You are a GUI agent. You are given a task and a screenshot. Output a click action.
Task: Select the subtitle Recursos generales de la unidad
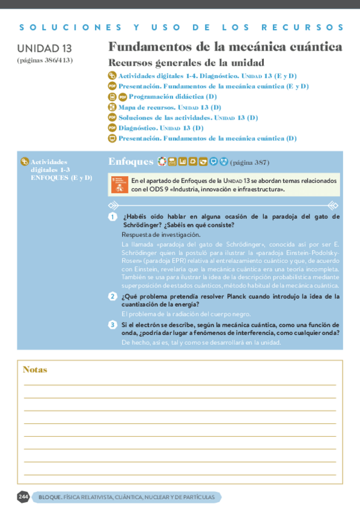[186, 63]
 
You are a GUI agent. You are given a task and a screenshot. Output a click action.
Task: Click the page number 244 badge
[23, 497]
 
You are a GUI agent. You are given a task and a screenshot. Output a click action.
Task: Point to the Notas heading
[35, 369]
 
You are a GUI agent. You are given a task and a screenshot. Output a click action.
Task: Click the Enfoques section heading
[130, 161]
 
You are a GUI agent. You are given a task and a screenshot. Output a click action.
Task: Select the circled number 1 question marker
[112, 217]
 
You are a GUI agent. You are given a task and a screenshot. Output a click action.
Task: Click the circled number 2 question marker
[112, 296]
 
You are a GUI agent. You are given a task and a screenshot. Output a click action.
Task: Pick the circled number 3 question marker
[112, 325]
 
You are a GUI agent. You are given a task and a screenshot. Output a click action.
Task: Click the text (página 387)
[249, 162]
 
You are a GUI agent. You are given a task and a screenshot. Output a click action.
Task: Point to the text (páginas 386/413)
[45, 60]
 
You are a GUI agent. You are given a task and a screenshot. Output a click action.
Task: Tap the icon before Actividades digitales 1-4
[112, 76]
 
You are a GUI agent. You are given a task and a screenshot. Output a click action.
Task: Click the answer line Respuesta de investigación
[160, 235]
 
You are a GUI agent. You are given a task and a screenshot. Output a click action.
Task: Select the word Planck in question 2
[224, 296]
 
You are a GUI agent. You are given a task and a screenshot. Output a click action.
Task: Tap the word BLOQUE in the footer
[49, 497]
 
